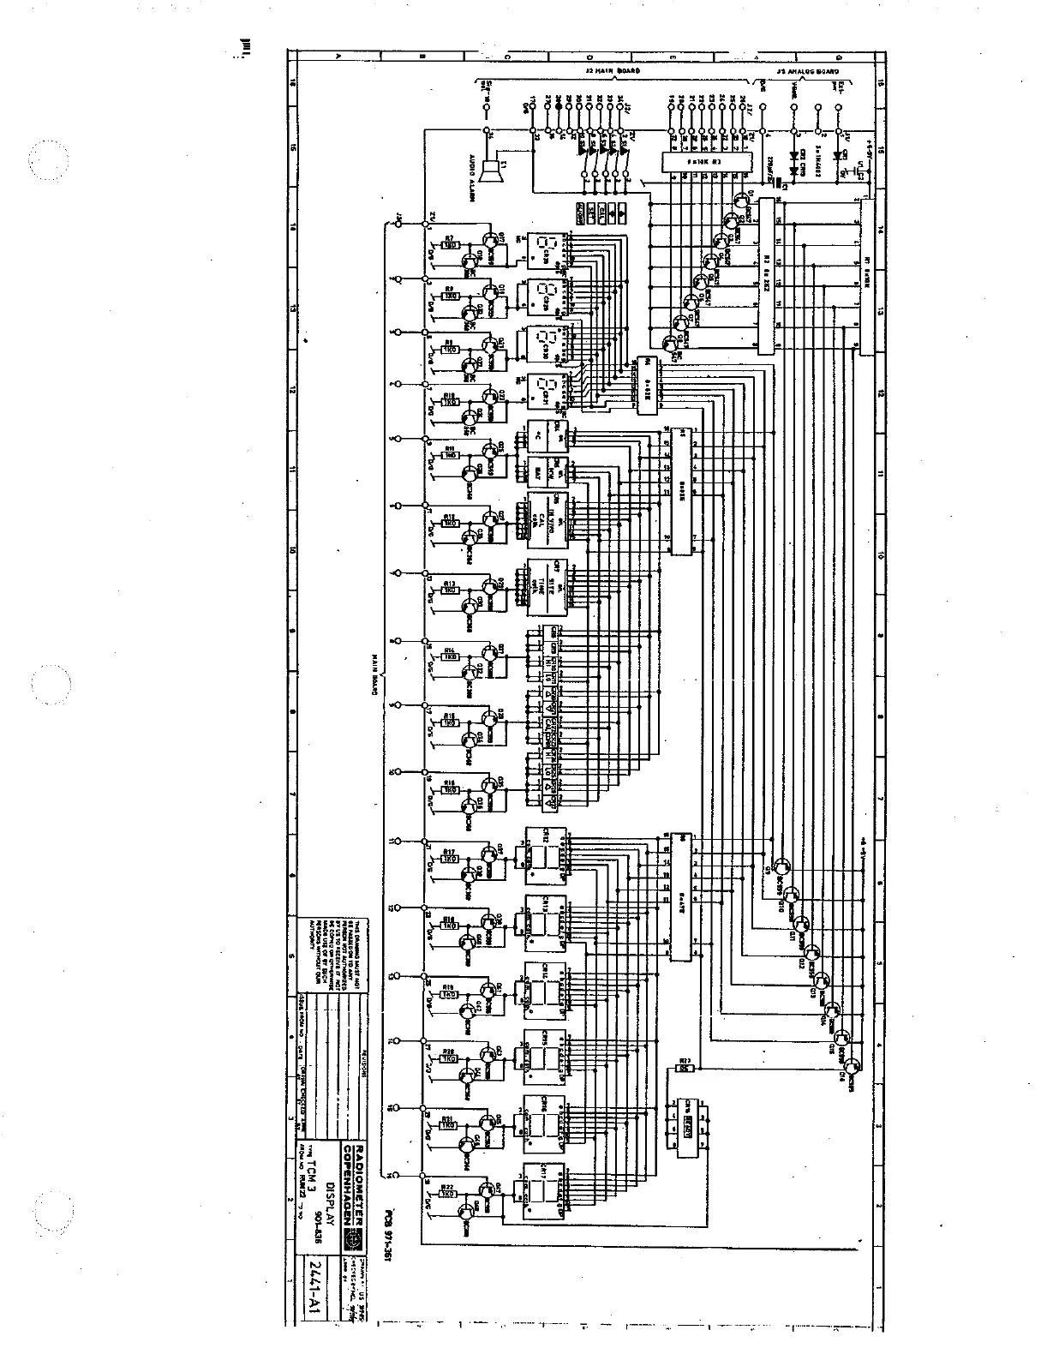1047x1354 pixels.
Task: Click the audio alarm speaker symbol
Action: point(492,171)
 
